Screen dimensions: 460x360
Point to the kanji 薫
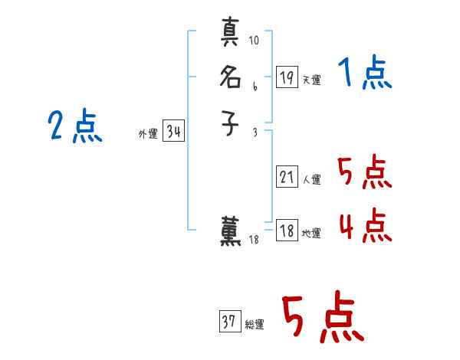(231, 232)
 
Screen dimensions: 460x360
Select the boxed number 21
(287, 177)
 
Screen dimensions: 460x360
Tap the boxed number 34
(173, 132)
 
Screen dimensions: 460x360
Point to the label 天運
(311, 80)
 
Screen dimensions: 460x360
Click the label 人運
(311, 181)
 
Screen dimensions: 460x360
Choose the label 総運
(255, 325)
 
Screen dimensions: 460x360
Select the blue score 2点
(75, 126)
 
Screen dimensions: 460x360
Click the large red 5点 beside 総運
(322, 319)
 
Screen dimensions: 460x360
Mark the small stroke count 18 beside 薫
(255, 241)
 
